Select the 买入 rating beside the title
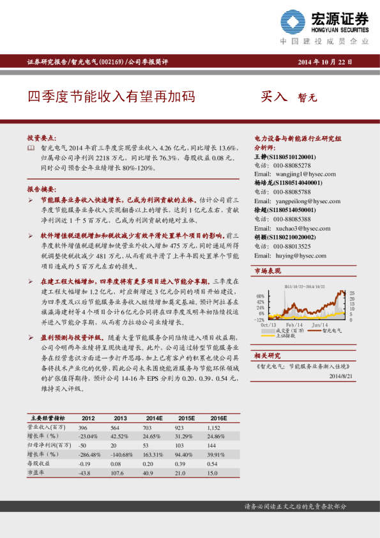click(x=275, y=98)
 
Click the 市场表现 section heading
click(x=268, y=272)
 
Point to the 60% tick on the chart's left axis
click(x=261, y=296)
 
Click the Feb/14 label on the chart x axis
click(x=295, y=325)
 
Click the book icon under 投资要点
click(x=31, y=148)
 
